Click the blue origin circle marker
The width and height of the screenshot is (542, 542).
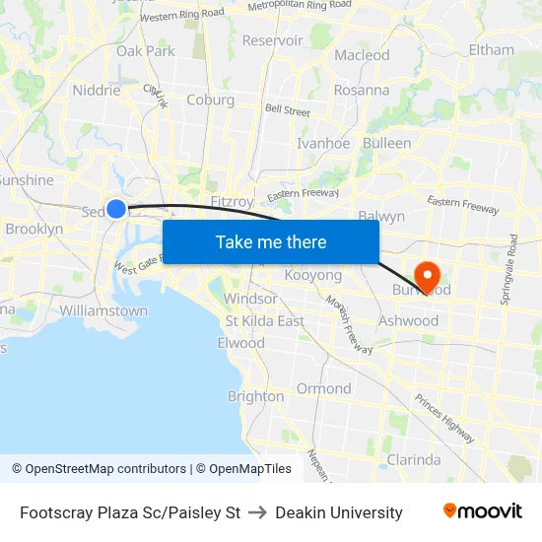pyautogui.click(x=116, y=208)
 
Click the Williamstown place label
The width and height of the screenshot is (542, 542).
pyautogui.click(x=103, y=310)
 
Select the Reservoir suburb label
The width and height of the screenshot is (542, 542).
pyautogui.click(x=273, y=40)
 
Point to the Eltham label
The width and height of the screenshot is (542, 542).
pyautogui.click(x=491, y=49)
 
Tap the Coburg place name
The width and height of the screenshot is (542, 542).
pyautogui.click(x=210, y=100)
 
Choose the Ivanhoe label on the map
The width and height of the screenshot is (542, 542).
pyautogui.click(x=323, y=143)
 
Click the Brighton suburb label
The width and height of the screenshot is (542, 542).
pyautogui.click(x=255, y=396)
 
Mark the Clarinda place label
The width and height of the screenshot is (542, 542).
pyautogui.click(x=414, y=459)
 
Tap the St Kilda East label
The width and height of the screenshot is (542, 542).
pyautogui.click(x=264, y=321)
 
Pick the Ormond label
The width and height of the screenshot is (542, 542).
pyautogui.click(x=323, y=388)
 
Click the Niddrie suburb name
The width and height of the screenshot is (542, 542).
pyautogui.click(x=97, y=90)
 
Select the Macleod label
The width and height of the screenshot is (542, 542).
pyautogui.click(x=362, y=55)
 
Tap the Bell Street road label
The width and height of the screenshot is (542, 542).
pyautogui.click(x=287, y=111)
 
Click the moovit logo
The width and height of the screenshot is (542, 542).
pyautogui.click(x=482, y=511)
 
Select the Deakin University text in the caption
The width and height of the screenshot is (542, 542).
pyautogui.click(x=339, y=512)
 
